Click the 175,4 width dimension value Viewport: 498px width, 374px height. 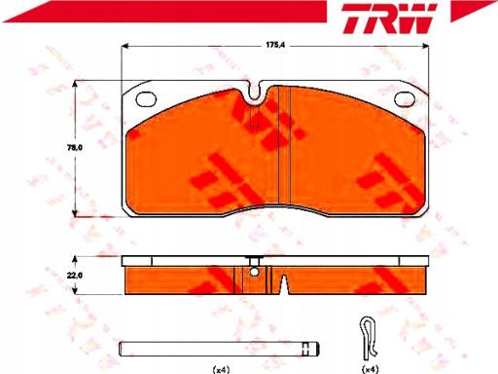pos(275,45)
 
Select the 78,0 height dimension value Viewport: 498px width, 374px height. pos(75,148)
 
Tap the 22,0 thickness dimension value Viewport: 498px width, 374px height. pos(75,276)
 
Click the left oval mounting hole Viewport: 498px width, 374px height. pos(146,99)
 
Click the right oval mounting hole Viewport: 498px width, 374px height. pos(405,99)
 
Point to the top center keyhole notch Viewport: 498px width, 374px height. pos(256,91)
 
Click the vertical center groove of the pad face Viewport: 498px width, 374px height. pos(285,145)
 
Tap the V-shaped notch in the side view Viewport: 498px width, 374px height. pos(284,284)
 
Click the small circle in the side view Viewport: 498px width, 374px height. pos(254,272)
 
